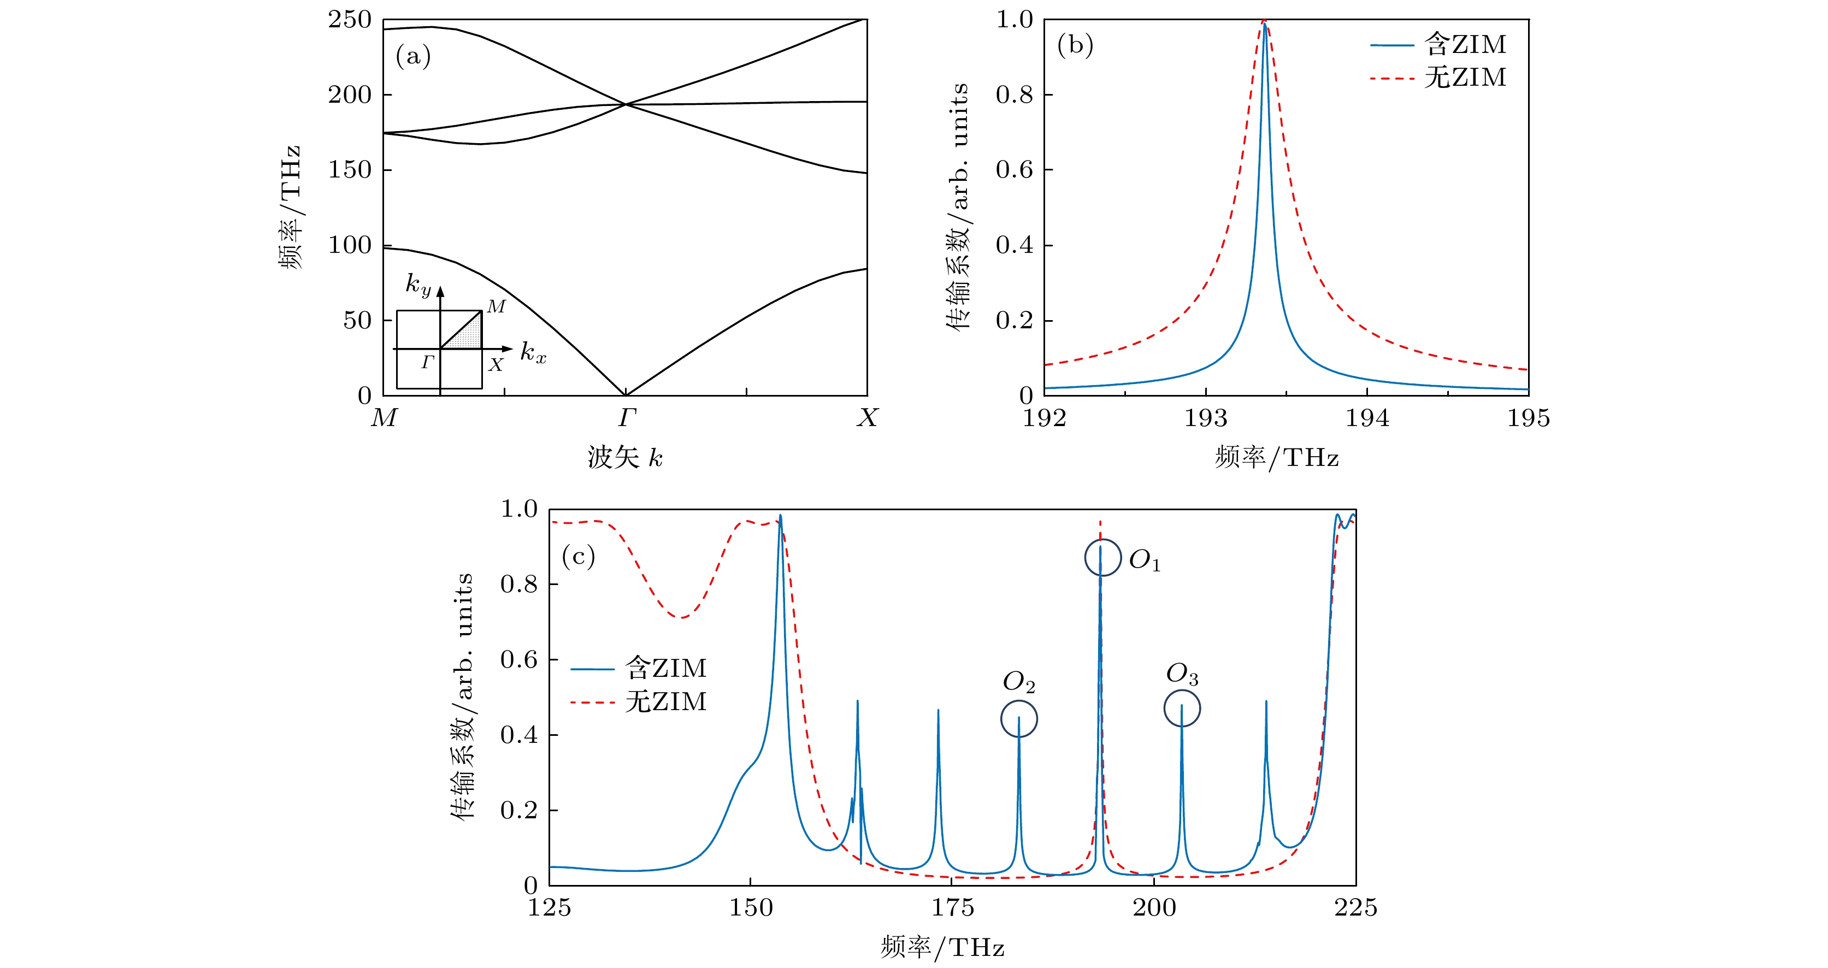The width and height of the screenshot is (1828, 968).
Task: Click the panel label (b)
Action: pos(1075,45)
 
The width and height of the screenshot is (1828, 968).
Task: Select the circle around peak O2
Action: pos(1019,718)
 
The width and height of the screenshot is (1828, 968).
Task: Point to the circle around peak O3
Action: pos(1182,709)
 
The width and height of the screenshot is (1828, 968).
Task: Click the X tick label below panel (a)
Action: pos(867,418)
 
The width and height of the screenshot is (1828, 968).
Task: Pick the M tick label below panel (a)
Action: pos(384,418)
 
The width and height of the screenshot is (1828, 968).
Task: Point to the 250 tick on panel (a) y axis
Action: pos(349,20)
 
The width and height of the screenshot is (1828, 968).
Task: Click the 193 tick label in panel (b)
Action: pos(1206,418)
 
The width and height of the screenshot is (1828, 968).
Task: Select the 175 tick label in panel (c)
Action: pos(952,908)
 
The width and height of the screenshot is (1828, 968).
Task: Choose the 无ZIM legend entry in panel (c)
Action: pos(639,702)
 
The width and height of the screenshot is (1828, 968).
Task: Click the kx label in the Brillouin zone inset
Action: pos(533,352)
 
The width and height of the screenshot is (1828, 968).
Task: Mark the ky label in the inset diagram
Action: pos(418,285)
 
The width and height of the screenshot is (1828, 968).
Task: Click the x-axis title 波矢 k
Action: pos(625,458)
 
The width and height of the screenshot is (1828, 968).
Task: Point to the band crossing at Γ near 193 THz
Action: pos(625,104)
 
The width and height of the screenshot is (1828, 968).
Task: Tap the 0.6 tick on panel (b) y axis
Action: pos(1014,169)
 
